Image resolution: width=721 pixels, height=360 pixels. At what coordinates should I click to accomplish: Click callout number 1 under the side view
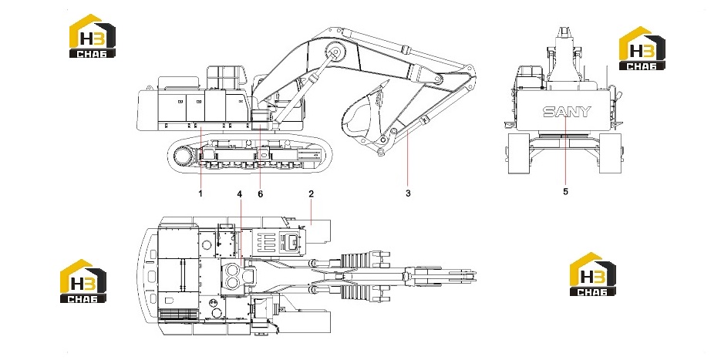pyautogui.click(x=200, y=193)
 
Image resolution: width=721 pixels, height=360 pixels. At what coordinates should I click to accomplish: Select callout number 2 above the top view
pyautogui.click(x=312, y=193)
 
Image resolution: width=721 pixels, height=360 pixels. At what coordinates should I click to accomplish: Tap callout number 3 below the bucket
pyautogui.click(x=408, y=193)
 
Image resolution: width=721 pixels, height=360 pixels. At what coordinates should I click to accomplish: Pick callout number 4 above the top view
pyautogui.click(x=240, y=194)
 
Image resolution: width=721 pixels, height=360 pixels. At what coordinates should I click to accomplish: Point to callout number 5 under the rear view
pyautogui.click(x=565, y=192)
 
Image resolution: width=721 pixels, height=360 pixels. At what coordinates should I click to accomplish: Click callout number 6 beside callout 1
pyautogui.click(x=261, y=194)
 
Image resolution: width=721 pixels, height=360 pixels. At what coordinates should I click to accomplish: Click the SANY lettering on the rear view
pyautogui.click(x=567, y=112)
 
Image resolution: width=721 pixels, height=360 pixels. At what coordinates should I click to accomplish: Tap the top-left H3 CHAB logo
pyautogui.click(x=93, y=36)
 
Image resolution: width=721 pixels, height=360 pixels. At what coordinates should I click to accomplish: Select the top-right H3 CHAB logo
pyautogui.click(x=642, y=49)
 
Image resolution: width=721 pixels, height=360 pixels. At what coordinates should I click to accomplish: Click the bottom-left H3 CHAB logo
pyautogui.click(x=83, y=281)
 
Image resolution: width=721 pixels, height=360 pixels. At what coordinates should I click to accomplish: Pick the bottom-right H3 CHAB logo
pyautogui.click(x=593, y=274)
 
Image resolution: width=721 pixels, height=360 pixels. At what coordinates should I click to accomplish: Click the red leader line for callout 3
pyautogui.click(x=408, y=159)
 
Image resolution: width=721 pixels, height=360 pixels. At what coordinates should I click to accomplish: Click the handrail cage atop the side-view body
pyautogui.click(x=223, y=78)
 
